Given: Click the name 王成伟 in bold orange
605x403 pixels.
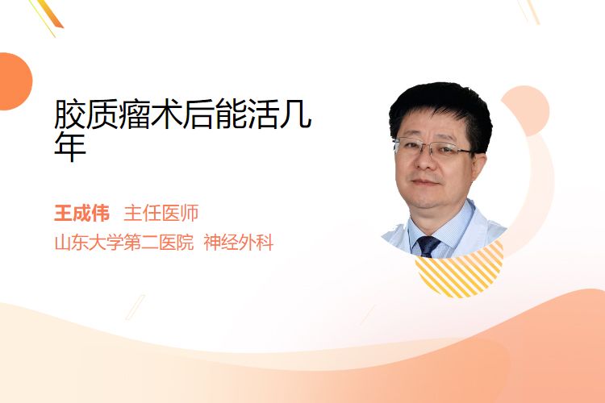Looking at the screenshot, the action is [81, 214].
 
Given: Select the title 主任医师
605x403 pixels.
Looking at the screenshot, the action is [161, 214].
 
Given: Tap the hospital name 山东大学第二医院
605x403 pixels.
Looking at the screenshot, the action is [124, 243].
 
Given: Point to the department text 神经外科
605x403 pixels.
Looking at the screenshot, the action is [239, 243].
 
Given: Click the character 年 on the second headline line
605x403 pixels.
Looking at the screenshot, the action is [70, 147].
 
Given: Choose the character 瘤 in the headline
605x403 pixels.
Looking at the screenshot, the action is [134, 114].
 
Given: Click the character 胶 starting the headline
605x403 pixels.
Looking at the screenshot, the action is [70, 114].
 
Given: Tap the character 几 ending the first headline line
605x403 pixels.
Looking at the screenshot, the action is [295, 114].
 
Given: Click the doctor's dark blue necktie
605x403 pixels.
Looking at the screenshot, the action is [428, 246].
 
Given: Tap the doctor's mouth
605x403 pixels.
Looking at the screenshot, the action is [424, 182].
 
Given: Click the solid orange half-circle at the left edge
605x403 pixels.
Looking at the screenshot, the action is [15, 81].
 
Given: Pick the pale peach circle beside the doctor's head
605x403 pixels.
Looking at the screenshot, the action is [529, 110].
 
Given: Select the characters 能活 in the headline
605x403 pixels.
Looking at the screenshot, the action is [232, 114].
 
